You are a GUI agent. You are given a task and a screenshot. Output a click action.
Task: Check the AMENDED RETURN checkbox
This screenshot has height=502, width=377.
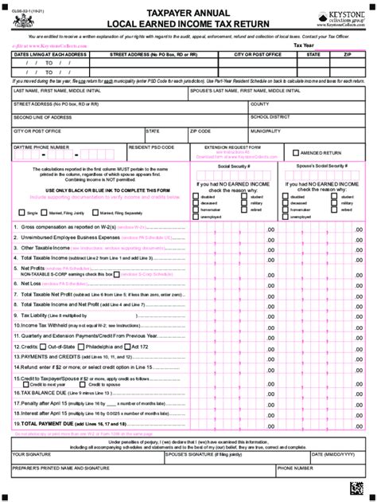click(x=296, y=152)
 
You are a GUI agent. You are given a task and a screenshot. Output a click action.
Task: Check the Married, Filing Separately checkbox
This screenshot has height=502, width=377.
click(x=95, y=214)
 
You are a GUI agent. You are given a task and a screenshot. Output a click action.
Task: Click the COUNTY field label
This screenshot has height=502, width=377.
click(x=260, y=104)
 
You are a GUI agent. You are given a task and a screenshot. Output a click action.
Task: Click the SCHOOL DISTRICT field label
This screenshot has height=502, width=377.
click(x=270, y=117)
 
